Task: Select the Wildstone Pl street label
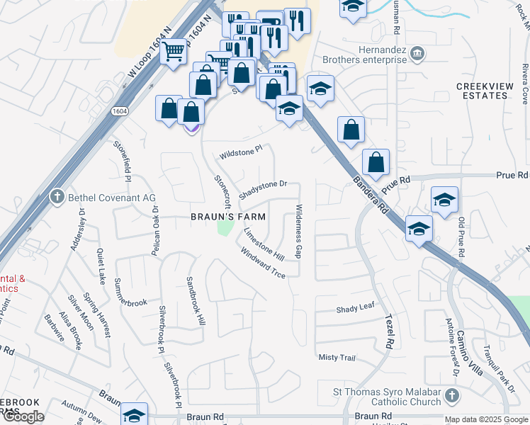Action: click(x=241, y=152)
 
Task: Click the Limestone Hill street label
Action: click(x=264, y=243)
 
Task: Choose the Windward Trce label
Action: click(x=262, y=262)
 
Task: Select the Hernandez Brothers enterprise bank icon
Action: click(x=417, y=53)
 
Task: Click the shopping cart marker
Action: click(x=173, y=51)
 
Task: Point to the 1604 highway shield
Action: click(x=118, y=112)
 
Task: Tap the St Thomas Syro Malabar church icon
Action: click(x=455, y=394)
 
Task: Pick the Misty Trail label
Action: click(x=337, y=358)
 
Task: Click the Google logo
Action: click(x=23, y=416)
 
